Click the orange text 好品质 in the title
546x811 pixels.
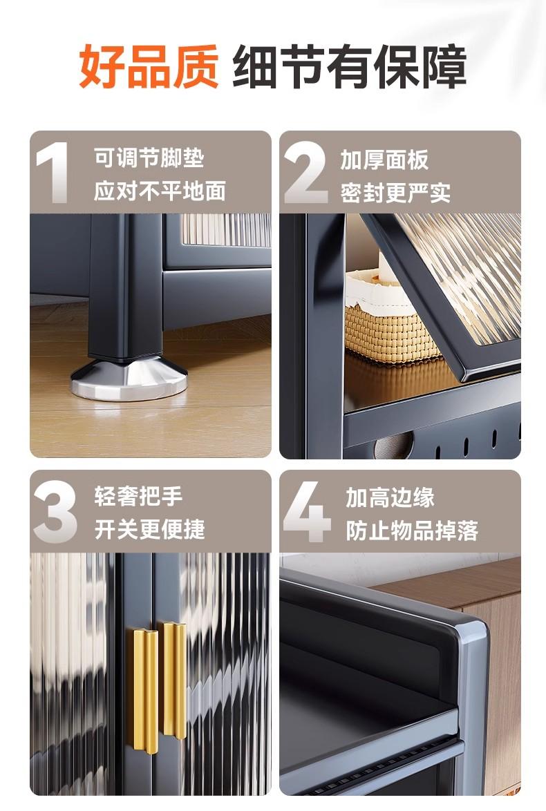coord(149,67)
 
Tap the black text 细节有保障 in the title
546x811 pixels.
coord(349,67)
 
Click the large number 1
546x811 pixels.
coord(53,172)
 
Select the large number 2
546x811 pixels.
coord(306,172)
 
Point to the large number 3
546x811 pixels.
coord(55,511)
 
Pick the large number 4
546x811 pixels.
coord(307,511)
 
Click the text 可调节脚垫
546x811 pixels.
coord(149,158)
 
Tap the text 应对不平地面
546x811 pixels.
coord(160,191)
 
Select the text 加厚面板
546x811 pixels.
coord(384,160)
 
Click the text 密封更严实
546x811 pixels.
coord(395,193)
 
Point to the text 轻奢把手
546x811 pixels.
coord(138,496)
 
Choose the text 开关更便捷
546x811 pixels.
coord(149,529)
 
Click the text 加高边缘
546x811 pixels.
coord(390,497)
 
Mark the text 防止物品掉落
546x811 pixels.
coord(411,531)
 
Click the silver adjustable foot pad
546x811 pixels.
coord(129,377)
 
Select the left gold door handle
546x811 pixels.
coord(145,691)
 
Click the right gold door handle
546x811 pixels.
coord(174,680)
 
